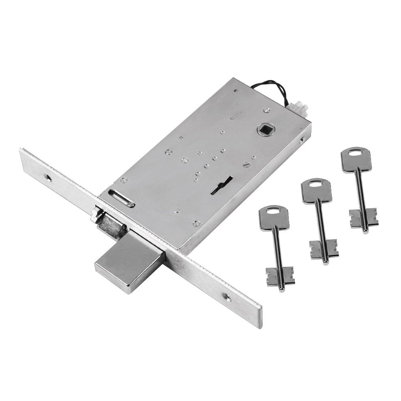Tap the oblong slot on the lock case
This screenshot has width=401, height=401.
pyautogui.click(x=122, y=198)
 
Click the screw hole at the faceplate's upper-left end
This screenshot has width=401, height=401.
pyautogui.click(x=48, y=178)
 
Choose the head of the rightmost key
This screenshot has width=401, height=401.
pyautogui.click(x=356, y=160)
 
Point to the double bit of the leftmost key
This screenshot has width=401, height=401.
pyautogui.click(x=280, y=276)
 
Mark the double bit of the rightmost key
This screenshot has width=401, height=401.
pyautogui.click(x=364, y=218)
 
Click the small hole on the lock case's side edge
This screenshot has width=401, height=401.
pyautogui.click(x=302, y=142)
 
